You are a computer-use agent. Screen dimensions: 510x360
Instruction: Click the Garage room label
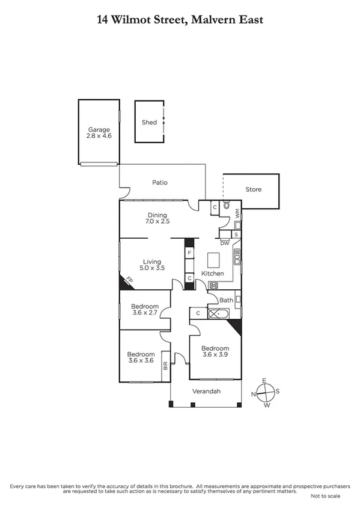point(100,129)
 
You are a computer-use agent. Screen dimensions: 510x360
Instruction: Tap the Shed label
point(149,122)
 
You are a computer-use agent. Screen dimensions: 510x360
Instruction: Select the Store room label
point(254,189)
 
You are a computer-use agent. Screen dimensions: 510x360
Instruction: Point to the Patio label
point(159,182)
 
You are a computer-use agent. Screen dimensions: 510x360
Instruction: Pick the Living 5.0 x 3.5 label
point(152,268)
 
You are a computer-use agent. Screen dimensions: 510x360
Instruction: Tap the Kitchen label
point(212,274)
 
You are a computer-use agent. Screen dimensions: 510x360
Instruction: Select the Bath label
point(226,300)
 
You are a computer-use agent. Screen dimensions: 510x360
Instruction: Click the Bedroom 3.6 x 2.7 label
point(145,313)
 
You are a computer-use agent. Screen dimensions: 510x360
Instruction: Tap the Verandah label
point(206,392)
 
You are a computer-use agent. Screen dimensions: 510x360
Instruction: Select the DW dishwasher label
point(224,243)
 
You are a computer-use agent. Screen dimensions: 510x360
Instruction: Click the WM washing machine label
point(237,214)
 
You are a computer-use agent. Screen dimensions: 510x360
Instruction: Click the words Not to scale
point(325,496)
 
